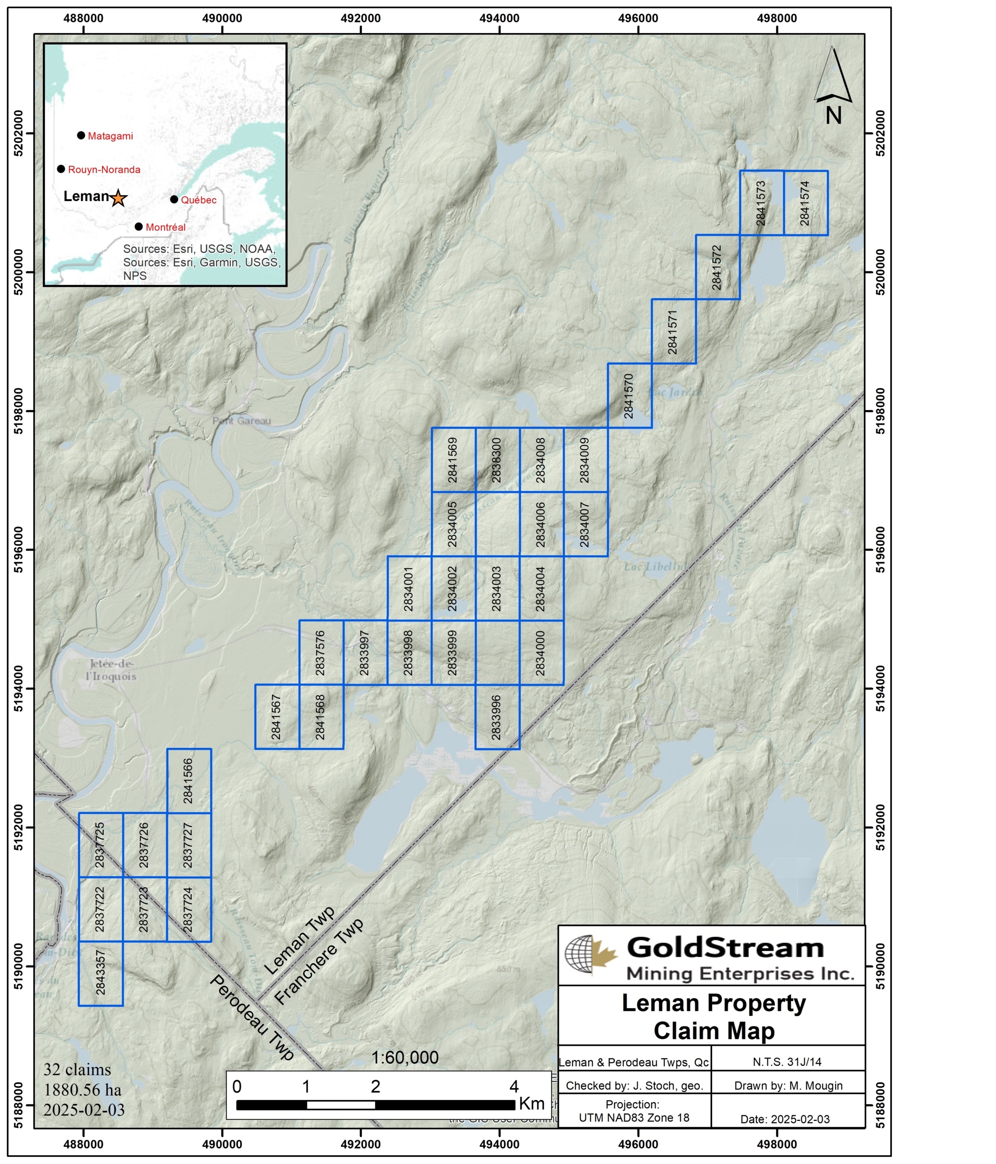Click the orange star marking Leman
point(118,198)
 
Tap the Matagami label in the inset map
point(110,136)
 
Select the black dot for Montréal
point(139,227)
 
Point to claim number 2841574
point(805,203)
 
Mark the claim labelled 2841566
point(189,781)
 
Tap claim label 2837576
point(321,652)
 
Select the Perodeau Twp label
point(252,1018)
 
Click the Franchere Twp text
point(319,961)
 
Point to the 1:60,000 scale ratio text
point(405,1057)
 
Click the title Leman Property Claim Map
point(713,1016)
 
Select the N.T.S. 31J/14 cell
point(787,1062)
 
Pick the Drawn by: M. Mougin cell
point(788,1085)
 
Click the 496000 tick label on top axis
point(638,18)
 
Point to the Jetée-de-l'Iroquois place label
point(111,670)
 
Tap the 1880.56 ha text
point(83,1090)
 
